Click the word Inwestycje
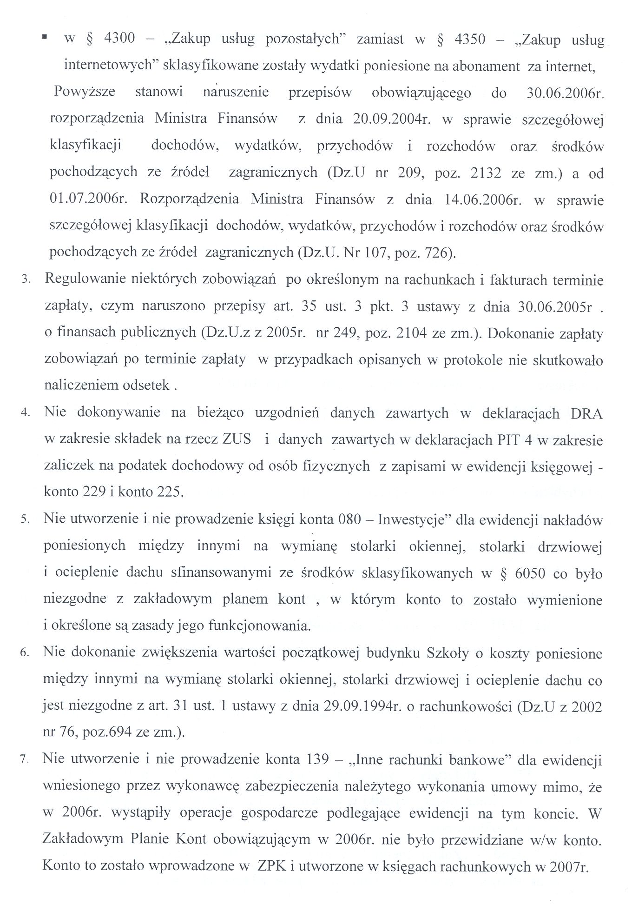[x=412, y=519]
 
